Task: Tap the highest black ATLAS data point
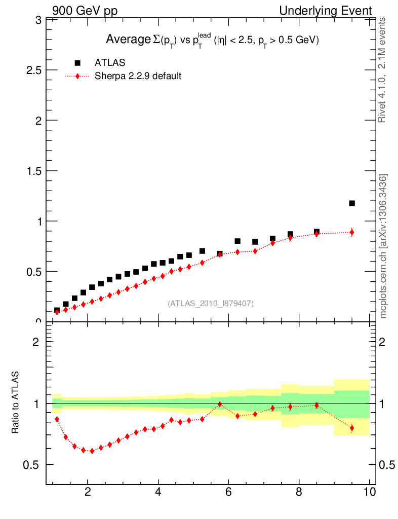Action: [x=352, y=203]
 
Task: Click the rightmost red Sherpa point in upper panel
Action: [x=352, y=232]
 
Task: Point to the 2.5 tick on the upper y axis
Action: [x=34, y=70]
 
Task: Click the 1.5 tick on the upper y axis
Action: [x=34, y=171]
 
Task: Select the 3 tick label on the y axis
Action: [x=38, y=20]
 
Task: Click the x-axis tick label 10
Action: [x=369, y=492]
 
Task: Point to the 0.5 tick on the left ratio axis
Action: [x=34, y=465]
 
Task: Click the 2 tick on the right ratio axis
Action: [x=386, y=342]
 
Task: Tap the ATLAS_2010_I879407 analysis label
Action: [x=211, y=303]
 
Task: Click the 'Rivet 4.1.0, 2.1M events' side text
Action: [x=383, y=70]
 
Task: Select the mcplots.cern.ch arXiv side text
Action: [x=383, y=246]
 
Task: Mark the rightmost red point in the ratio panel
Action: [x=352, y=428]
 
